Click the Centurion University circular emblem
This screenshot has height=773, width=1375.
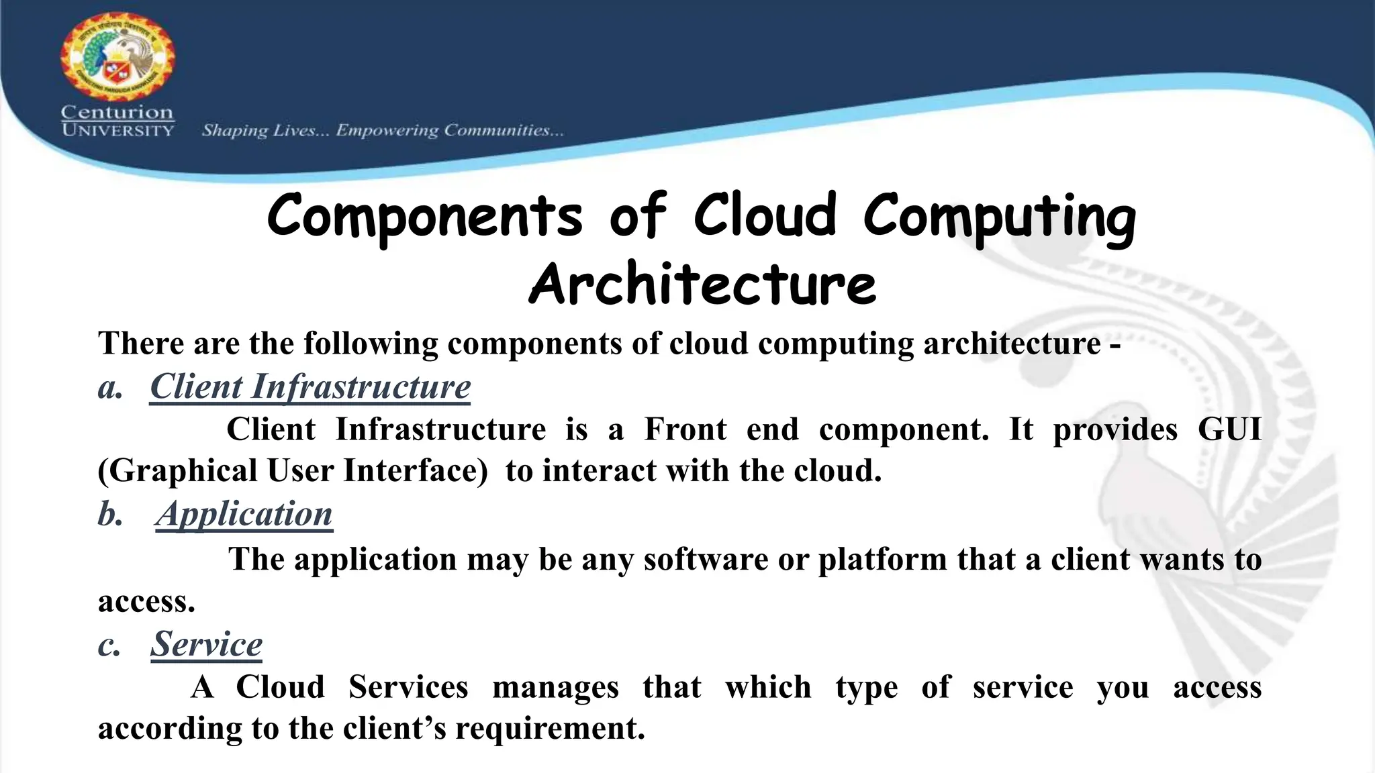click(x=118, y=56)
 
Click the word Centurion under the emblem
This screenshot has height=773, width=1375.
click(x=117, y=112)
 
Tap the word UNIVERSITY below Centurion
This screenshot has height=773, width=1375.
click(x=118, y=130)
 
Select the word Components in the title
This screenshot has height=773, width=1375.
click(x=424, y=216)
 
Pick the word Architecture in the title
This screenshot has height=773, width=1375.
click(x=702, y=284)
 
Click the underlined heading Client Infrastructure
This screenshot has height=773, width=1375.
click(x=310, y=387)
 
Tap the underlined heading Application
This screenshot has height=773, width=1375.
click(x=244, y=515)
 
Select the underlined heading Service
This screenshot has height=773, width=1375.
click(x=206, y=644)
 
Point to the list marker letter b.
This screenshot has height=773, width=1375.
click(x=109, y=515)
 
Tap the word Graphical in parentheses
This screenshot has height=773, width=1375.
click(x=182, y=471)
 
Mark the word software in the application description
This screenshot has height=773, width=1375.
click(x=706, y=560)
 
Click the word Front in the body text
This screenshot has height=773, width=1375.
click(x=685, y=429)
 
